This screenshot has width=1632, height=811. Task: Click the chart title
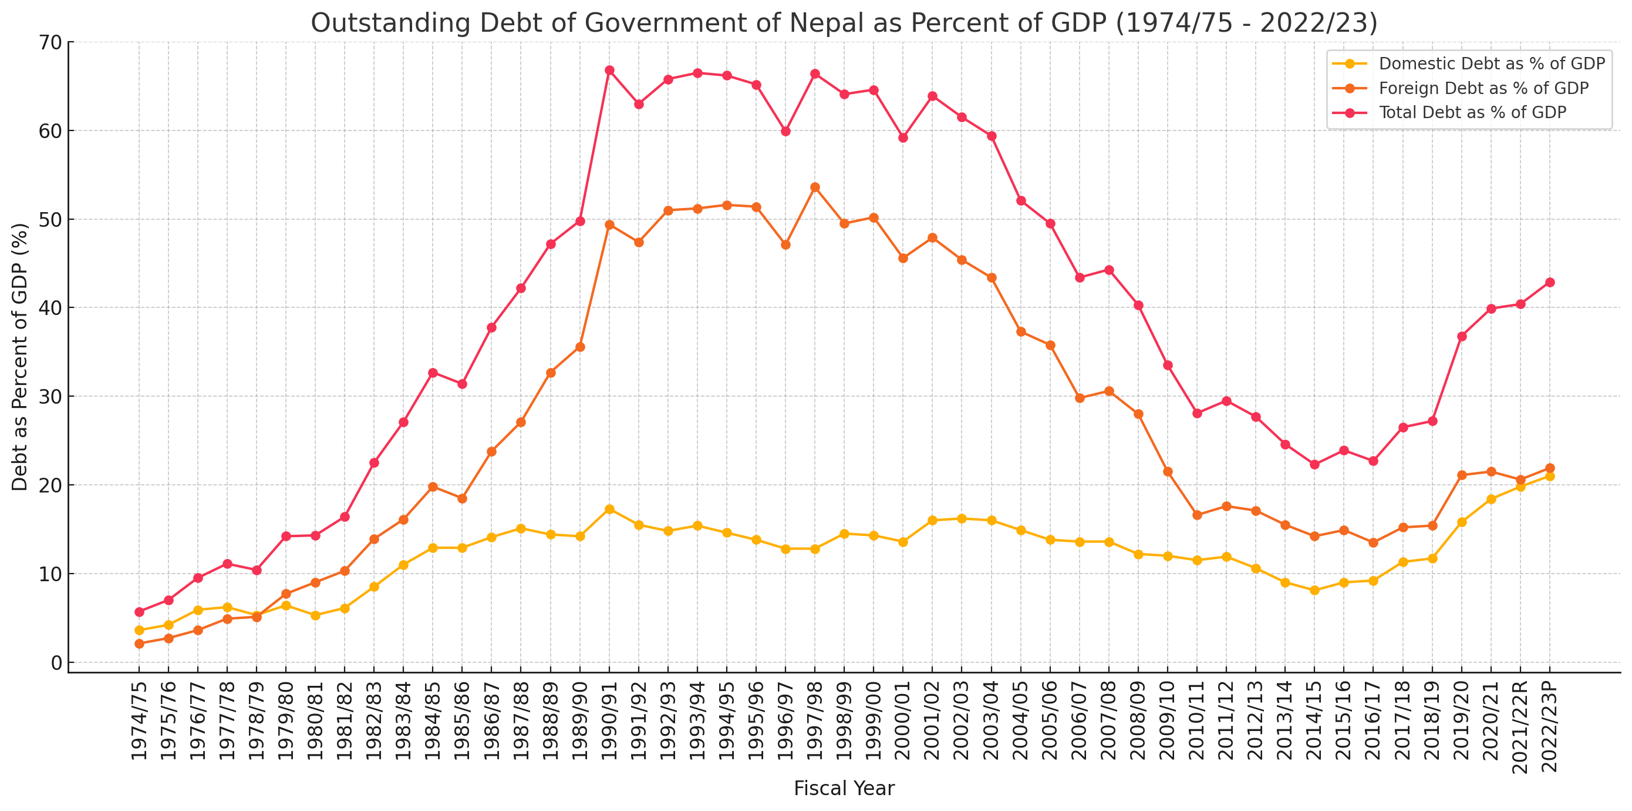click(x=844, y=24)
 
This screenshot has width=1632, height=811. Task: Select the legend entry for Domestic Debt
click(x=1491, y=64)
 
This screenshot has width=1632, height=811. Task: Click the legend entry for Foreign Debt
click(x=1483, y=88)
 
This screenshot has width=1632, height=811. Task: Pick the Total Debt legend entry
click(x=1472, y=113)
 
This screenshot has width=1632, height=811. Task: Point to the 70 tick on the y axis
click(x=51, y=42)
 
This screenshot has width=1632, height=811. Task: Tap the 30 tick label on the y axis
click(x=51, y=397)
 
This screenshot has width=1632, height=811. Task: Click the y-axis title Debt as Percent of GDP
click(x=21, y=356)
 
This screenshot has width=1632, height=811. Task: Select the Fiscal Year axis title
click(x=844, y=788)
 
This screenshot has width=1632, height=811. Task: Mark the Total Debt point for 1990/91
click(x=609, y=71)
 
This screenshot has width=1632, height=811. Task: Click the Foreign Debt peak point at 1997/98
click(x=815, y=187)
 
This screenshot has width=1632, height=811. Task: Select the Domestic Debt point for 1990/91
click(x=609, y=509)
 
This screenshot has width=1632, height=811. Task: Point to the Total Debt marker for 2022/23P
click(x=1550, y=283)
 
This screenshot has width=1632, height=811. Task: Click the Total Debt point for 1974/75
click(x=139, y=612)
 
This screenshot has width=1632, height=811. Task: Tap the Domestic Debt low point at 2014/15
click(x=1314, y=591)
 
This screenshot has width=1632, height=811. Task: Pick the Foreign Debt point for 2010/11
click(x=1197, y=515)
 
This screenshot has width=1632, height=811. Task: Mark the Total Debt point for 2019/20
click(x=1462, y=337)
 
